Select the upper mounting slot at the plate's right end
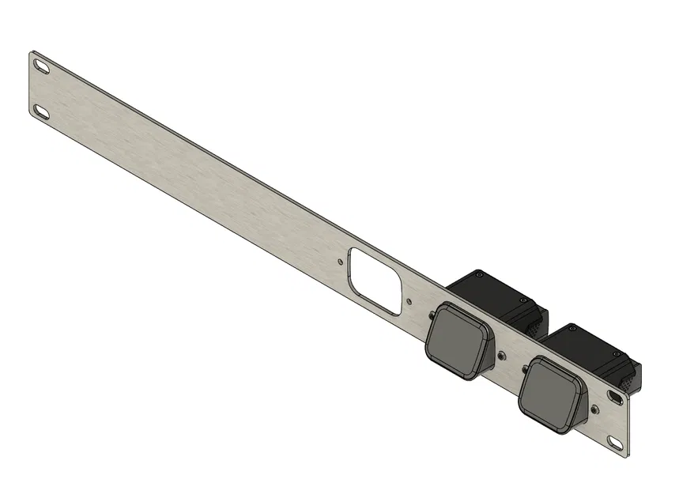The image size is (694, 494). (x=616, y=393)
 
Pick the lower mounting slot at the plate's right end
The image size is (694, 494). (x=614, y=440)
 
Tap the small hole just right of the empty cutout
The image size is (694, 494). (x=408, y=300)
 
